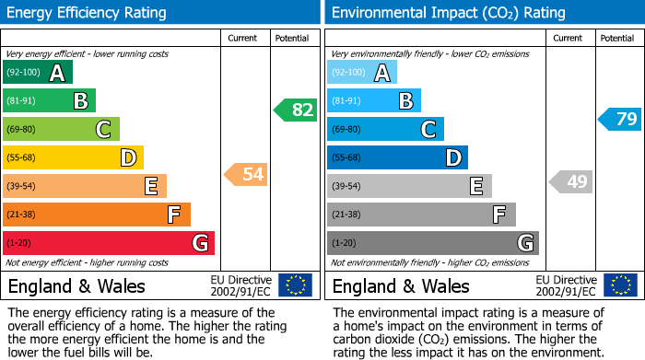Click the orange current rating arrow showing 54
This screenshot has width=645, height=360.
245,174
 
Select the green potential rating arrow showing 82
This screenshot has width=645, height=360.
295,110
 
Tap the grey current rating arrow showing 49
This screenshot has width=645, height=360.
570,181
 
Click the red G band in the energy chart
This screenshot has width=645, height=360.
109,243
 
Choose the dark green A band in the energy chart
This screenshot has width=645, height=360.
38,73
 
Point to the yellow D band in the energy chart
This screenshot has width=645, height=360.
73,157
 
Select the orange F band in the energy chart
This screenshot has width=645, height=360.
97,215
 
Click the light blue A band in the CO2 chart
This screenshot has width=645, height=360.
362,73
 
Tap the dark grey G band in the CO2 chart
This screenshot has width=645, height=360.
432,243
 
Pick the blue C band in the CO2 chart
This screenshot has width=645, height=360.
385,129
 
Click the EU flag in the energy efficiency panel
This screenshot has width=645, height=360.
295,285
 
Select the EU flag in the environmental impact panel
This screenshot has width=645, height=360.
621,285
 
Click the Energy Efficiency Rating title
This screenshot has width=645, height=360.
88,13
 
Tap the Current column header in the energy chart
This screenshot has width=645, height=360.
243,38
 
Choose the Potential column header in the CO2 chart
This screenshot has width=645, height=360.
617,38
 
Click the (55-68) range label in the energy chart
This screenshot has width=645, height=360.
21,157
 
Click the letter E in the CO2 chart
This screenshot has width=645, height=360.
475,186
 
